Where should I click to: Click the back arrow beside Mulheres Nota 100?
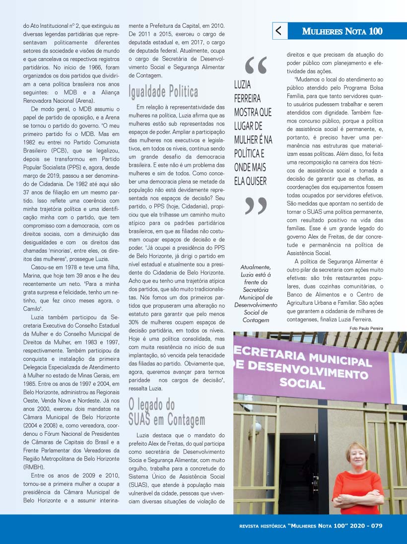tap(279, 31)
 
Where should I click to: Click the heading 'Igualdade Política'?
tap(163, 92)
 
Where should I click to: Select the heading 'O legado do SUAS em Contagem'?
tap(166, 412)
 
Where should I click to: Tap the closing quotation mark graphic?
tap(256, 206)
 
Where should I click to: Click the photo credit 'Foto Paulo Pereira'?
tap(366, 329)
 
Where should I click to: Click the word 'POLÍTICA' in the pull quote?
tap(249, 154)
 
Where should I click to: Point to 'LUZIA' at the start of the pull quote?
tap(243, 85)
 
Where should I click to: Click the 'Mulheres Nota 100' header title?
tap(342, 31)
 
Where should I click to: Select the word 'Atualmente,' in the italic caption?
tap(256, 267)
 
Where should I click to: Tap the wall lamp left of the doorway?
tap(256, 428)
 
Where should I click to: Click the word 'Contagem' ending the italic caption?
tap(256, 320)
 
